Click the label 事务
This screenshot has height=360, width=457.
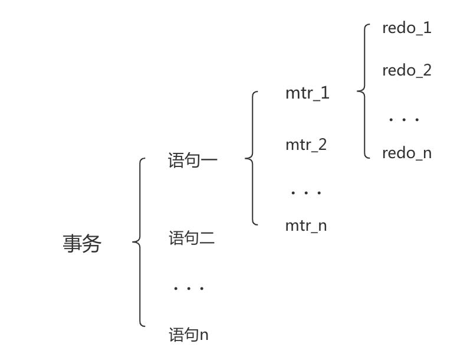tap(82, 244)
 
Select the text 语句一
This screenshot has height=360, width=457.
tap(193, 161)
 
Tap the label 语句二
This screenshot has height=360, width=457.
tap(192, 239)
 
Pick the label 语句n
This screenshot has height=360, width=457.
tap(189, 335)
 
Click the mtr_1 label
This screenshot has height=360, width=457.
tap(307, 93)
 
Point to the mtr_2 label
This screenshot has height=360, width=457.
tap(306, 145)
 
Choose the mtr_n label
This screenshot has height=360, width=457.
tap(306, 225)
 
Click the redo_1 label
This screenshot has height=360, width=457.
tap(406, 28)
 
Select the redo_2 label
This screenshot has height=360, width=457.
tap(406, 71)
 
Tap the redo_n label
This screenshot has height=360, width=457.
tap(406, 153)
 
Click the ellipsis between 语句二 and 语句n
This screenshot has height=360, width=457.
tap(189, 289)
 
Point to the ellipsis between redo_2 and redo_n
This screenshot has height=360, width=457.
tap(404, 119)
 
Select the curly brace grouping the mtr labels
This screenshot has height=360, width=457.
tap(252, 158)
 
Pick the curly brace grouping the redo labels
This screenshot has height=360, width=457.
tap(364, 91)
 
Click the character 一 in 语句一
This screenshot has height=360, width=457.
tap(209, 161)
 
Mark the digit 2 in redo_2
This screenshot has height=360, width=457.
tap(427, 71)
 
